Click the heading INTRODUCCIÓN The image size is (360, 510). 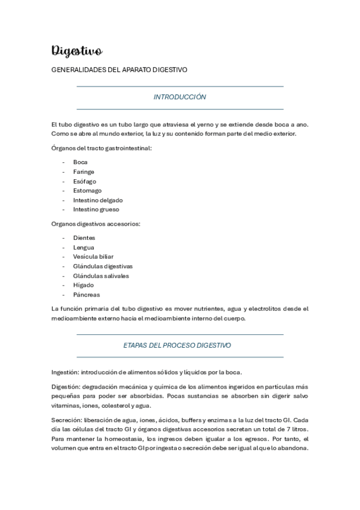[180, 97]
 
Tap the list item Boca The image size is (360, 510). [81, 162]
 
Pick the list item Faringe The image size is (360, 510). [84, 171]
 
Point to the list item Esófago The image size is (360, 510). [85, 181]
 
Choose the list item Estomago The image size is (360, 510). [87, 191]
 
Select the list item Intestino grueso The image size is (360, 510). [96, 210]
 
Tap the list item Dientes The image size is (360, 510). [84, 238]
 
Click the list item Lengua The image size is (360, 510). [84, 247]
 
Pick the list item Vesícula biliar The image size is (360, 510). [93, 257]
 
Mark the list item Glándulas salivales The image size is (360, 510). [101, 276]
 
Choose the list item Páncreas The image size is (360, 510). [87, 295]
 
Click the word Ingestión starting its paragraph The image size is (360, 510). [65, 371]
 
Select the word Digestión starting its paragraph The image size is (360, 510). [65, 386]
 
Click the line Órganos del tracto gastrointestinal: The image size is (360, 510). [102, 148]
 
